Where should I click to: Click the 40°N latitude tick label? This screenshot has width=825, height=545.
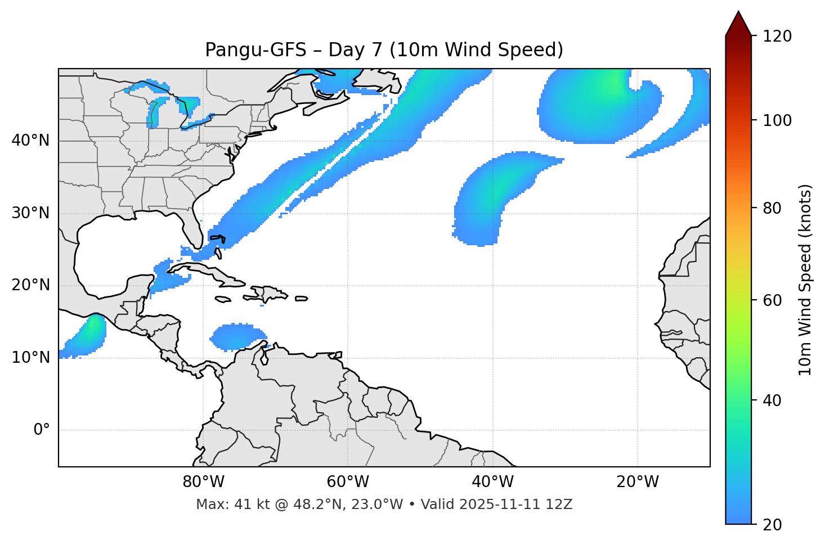[30, 141]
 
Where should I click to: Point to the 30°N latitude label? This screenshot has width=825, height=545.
[30, 213]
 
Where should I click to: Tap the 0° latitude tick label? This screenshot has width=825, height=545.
[42, 430]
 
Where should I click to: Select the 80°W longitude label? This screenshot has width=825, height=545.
[203, 482]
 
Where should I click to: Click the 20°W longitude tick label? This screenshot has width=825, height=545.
[638, 482]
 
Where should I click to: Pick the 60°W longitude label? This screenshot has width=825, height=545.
[348, 482]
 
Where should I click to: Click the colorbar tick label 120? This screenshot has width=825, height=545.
[777, 37]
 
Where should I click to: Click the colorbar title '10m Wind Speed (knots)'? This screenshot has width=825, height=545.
[805, 280]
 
